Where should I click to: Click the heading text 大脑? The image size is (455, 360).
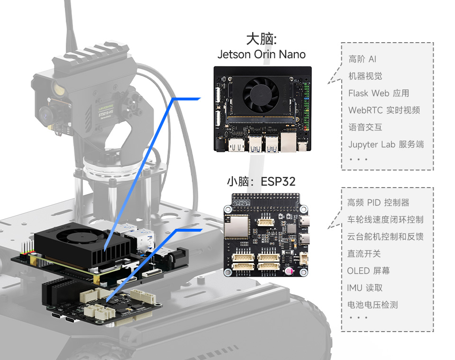(261, 39)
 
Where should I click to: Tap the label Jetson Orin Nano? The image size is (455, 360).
(261, 54)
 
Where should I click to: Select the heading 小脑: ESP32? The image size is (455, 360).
(261, 182)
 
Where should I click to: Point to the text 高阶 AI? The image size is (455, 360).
(362, 59)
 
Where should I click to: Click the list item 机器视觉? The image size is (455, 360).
(365, 76)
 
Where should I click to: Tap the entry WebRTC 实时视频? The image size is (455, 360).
(384, 110)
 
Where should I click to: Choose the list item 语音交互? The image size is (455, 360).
(365, 127)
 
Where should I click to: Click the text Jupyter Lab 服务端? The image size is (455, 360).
(386, 144)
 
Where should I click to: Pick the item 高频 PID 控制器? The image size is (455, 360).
(378, 203)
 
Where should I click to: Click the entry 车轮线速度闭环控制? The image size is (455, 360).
(385, 220)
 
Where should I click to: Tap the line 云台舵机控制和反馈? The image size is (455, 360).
(385, 237)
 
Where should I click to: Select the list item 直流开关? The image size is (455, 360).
(364, 254)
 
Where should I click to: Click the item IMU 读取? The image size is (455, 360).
(364, 288)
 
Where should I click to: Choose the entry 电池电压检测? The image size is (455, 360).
(372, 305)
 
